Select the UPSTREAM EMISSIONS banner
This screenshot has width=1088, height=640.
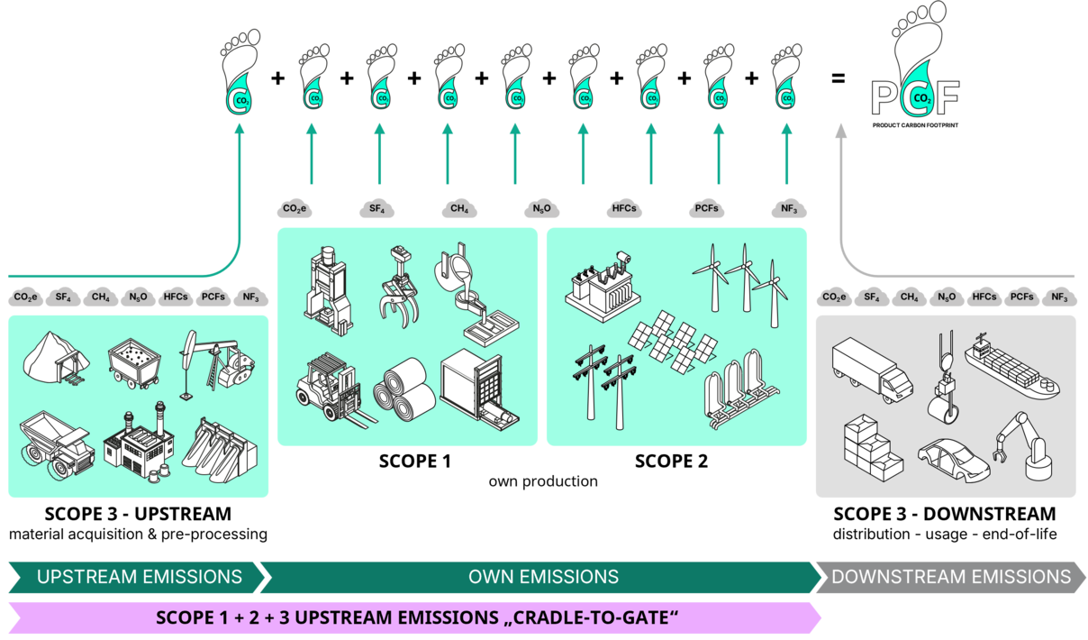pyautogui.click(x=139, y=577)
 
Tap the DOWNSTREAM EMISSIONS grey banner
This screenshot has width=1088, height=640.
pyautogui.click(x=950, y=577)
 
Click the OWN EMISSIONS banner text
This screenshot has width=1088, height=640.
pyautogui.click(x=543, y=577)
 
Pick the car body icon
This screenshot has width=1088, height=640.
pyautogui.click(x=953, y=459)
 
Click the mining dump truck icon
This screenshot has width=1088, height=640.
pyautogui.click(x=56, y=446)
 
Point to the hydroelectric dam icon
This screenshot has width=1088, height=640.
pyautogui.click(x=222, y=447)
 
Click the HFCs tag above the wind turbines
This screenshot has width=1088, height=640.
pyautogui.click(x=623, y=209)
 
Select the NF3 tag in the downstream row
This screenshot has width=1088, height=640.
pyautogui.click(x=1059, y=297)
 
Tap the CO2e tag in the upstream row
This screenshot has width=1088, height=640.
pyautogui.click(x=26, y=297)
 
